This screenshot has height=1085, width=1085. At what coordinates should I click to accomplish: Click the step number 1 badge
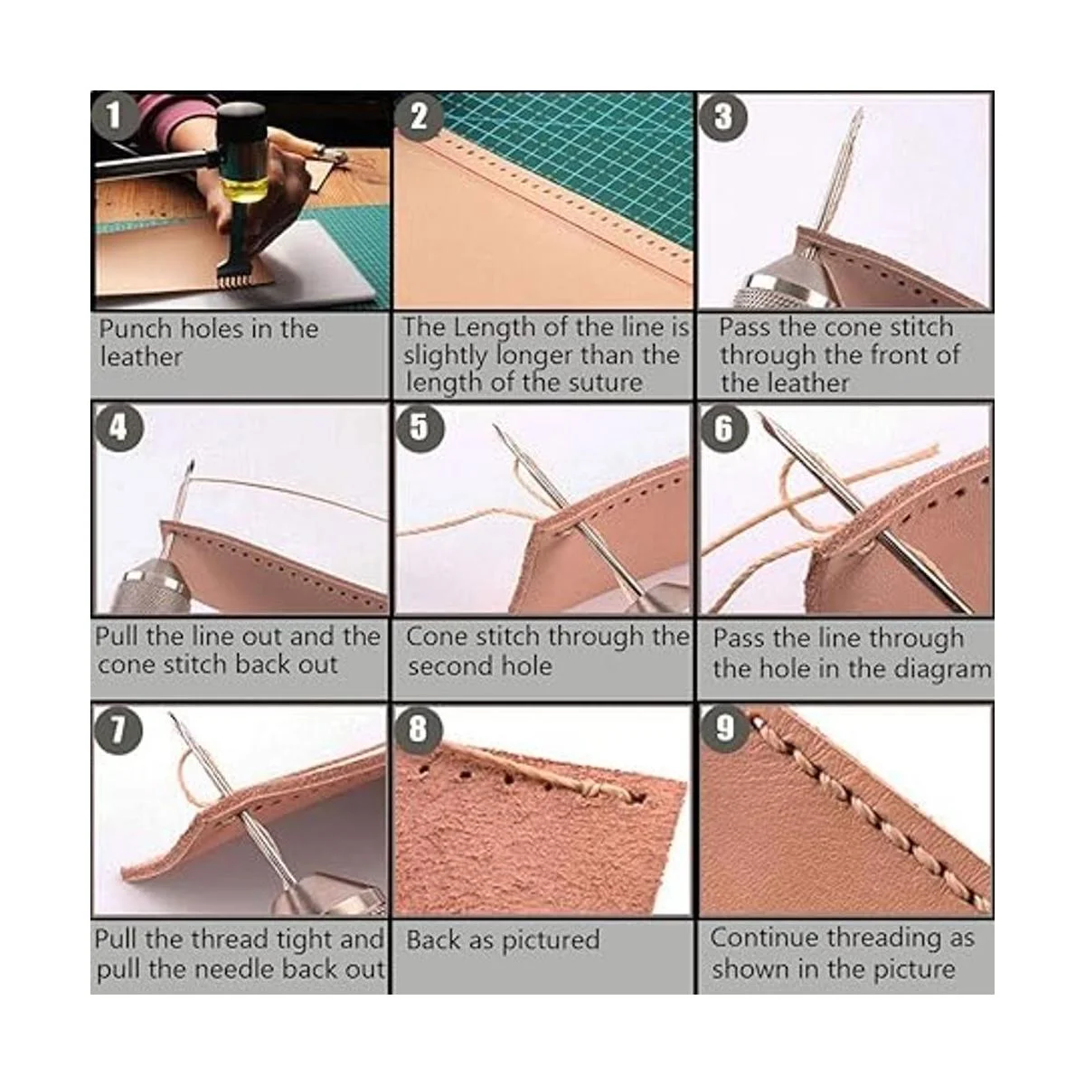point(114,116)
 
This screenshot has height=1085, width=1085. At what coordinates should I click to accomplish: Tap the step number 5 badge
point(418,427)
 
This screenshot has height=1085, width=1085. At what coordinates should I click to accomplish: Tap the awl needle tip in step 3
point(857,113)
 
